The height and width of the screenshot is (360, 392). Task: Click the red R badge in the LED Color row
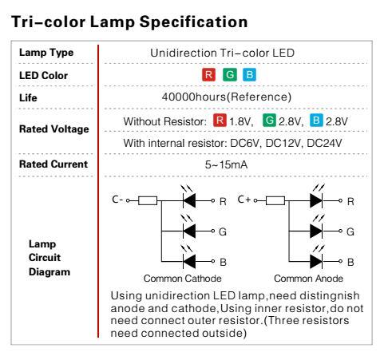pos(208,75)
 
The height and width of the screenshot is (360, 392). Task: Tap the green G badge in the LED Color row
pos(230,75)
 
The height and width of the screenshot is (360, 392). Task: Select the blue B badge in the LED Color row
pos(249,75)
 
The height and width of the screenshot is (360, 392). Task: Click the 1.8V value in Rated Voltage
pos(240,121)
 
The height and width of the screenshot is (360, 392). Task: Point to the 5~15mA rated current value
pos(226,164)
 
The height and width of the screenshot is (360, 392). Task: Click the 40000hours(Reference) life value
pos(227,97)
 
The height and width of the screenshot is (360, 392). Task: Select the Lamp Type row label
pos(46,53)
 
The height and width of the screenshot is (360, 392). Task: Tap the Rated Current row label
pos(53,164)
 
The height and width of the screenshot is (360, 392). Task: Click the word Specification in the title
pos(194,22)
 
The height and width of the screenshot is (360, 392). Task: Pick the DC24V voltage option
pos(324,143)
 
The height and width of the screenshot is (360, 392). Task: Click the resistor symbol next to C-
pos(148,200)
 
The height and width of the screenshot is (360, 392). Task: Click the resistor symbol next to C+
pos(275,200)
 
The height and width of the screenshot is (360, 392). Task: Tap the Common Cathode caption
pos(183,279)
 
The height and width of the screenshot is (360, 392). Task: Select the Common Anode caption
pos(309,279)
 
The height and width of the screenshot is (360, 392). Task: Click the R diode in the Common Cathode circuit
pos(189,200)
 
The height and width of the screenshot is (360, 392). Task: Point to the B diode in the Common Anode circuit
pos(316,262)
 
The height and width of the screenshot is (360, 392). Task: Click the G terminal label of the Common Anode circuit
pos(350,231)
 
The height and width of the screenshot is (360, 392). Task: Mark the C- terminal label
pos(117,200)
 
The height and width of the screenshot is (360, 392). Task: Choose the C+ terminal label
pos(244,200)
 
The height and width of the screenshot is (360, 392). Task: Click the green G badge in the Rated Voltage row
pos(269,121)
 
